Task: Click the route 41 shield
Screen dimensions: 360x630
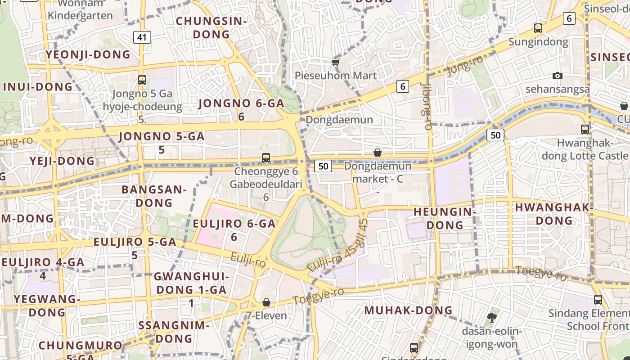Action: [x=142, y=37]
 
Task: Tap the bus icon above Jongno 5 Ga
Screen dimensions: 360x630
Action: [x=142, y=80]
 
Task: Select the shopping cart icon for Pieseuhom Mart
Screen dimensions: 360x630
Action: [x=335, y=62]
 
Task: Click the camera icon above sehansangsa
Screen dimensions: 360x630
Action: [x=558, y=76]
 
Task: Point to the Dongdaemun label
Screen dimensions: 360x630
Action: [x=339, y=120]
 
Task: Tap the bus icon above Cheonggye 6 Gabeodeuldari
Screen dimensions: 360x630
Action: [x=266, y=158]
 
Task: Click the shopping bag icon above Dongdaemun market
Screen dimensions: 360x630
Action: [x=378, y=153]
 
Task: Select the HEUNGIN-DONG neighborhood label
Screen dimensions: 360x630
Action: [x=445, y=218]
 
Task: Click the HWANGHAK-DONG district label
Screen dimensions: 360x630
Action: [x=554, y=214]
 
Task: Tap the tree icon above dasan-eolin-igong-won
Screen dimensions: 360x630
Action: [x=491, y=318]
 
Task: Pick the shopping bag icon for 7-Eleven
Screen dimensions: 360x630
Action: [x=266, y=302]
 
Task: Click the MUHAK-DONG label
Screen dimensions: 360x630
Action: [x=408, y=310]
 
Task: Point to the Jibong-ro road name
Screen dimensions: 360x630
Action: [x=427, y=107]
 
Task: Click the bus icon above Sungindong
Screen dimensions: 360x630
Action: [x=538, y=28]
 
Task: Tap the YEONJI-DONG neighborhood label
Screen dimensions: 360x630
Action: [x=88, y=55]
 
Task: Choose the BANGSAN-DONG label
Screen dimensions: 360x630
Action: [x=154, y=196]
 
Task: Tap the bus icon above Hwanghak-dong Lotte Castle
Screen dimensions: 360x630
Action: [x=585, y=130]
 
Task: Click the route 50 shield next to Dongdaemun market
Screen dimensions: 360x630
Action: [x=323, y=166]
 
